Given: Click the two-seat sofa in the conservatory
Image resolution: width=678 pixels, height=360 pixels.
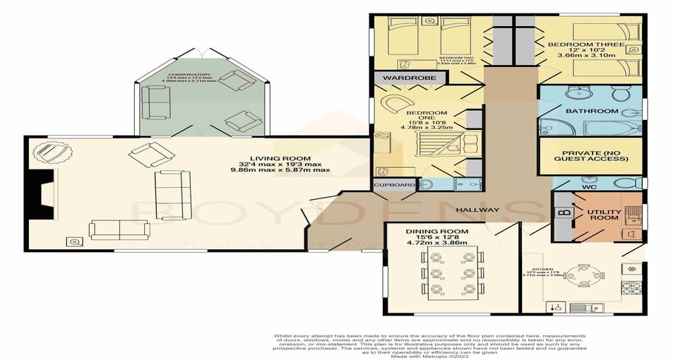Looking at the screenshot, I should (x=155, y=103).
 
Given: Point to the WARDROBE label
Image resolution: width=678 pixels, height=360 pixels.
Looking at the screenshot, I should (x=401, y=77).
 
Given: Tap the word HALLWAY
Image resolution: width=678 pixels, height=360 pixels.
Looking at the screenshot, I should (x=477, y=210).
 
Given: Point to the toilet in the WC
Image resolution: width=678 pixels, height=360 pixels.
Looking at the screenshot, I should (x=626, y=184).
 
